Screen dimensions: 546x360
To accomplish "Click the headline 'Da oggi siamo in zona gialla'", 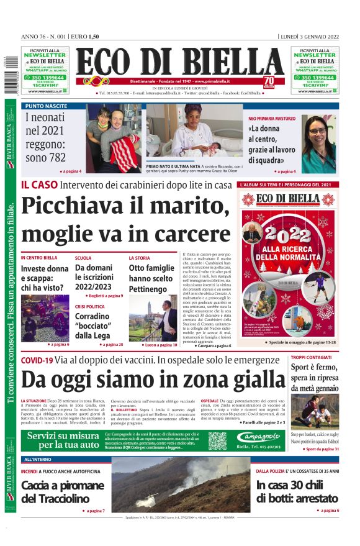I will (x=153, y=378).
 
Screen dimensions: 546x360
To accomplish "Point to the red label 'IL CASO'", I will (x=39, y=184).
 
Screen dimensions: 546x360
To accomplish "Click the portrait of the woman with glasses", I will (x=318, y=143).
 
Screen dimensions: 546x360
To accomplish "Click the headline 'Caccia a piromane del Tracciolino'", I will (x=63, y=491).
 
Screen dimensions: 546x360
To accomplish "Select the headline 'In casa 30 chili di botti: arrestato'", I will (x=297, y=491).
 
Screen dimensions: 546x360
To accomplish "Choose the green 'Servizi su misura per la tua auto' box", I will (x=63, y=440).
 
